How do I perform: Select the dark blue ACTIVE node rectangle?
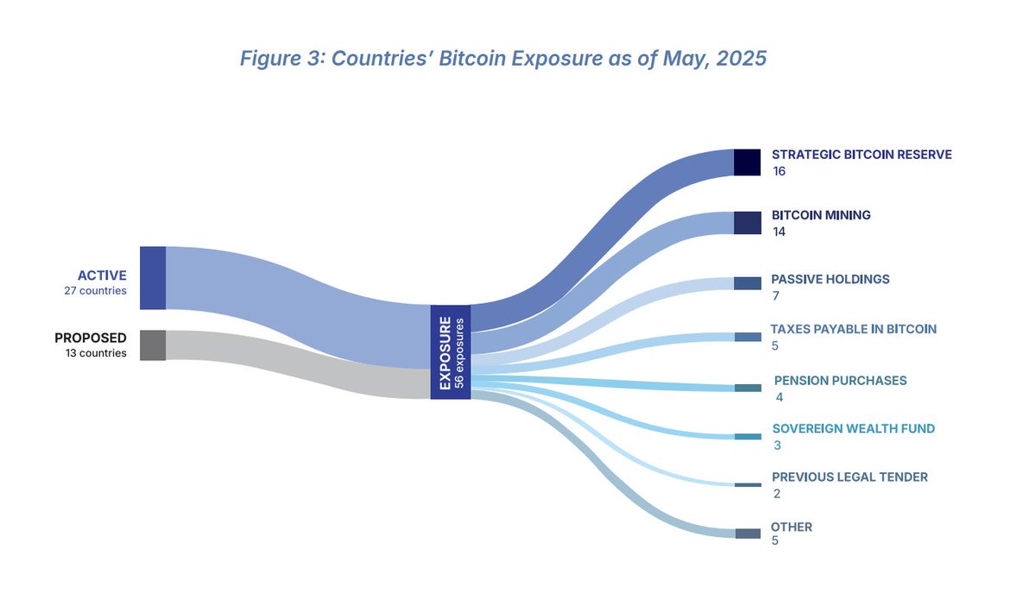click(x=152, y=278)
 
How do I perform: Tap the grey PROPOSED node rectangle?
click(x=152, y=345)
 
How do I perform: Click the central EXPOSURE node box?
click(x=451, y=351)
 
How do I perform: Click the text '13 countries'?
click(x=96, y=352)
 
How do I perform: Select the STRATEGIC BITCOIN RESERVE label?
click(x=862, y=155)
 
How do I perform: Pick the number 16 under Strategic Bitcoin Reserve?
click(x=780, y=171)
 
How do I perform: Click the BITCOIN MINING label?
click(x=821, y=215)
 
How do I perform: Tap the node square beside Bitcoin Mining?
click(x=747, y=223)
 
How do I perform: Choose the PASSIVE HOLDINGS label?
click(x=830, y=279)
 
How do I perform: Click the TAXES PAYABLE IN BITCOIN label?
click(x=853, y=329)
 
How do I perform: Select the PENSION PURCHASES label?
click(x=840, y=380)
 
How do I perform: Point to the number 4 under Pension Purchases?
click(x=780, y=397)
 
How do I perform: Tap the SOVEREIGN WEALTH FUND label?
click(x=853, y=428)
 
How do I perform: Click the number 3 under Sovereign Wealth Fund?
click(x=777, y=446)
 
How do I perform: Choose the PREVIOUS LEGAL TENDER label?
click(x=850, y=477)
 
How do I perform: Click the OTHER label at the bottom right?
click(x=792, y=527)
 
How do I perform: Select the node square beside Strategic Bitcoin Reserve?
click(x=747, y=162)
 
